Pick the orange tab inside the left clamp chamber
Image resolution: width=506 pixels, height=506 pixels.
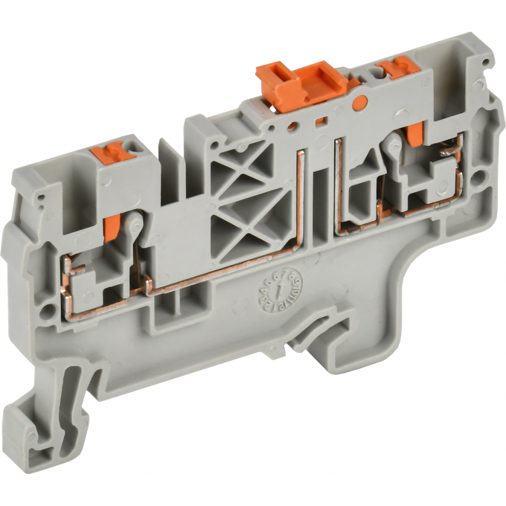coord(111,228)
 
